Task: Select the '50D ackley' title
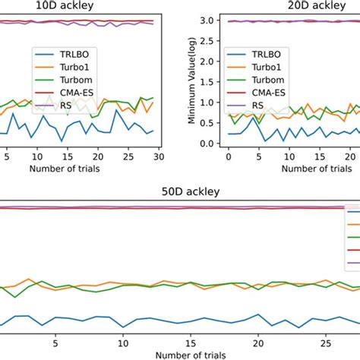click(x=179, y=191)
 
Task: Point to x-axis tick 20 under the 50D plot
click(x=258, y=343)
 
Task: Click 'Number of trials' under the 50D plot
click(x=179, y=354)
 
